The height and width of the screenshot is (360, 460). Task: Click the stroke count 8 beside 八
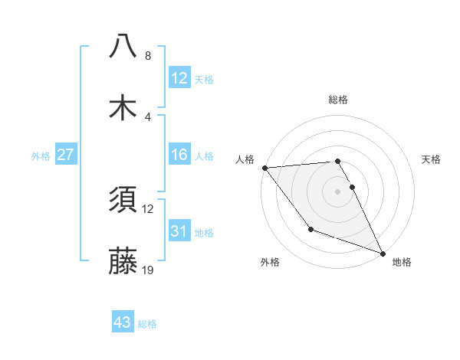[x=147, y=56]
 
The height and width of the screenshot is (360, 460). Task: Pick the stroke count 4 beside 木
[x=147, y=117]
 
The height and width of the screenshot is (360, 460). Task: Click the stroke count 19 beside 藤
[x=149, y=270]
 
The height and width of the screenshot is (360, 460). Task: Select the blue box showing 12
[x=179, y=78]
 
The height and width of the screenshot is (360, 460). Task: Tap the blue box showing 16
[x=179, y=155]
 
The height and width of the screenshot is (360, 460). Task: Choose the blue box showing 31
[x=179, y=231]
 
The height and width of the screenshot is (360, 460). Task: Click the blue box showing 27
[x=66, y=155]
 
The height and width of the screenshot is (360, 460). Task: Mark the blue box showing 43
[x=123, y=323]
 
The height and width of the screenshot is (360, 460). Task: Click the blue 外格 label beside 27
[x=41, y=156]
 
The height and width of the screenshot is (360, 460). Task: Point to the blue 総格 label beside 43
[x=147, y=324]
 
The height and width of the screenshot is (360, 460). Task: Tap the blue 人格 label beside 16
[x=204, y=156]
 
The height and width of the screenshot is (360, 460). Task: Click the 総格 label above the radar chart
[x=338, y=100]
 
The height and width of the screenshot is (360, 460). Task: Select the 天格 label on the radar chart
[x=432, y=159]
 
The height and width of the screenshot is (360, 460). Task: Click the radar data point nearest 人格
[x=264, y=168]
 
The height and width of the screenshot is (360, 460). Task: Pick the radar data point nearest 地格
[x=383, y=254]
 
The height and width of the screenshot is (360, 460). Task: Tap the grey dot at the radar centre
[x=338, y=191]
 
